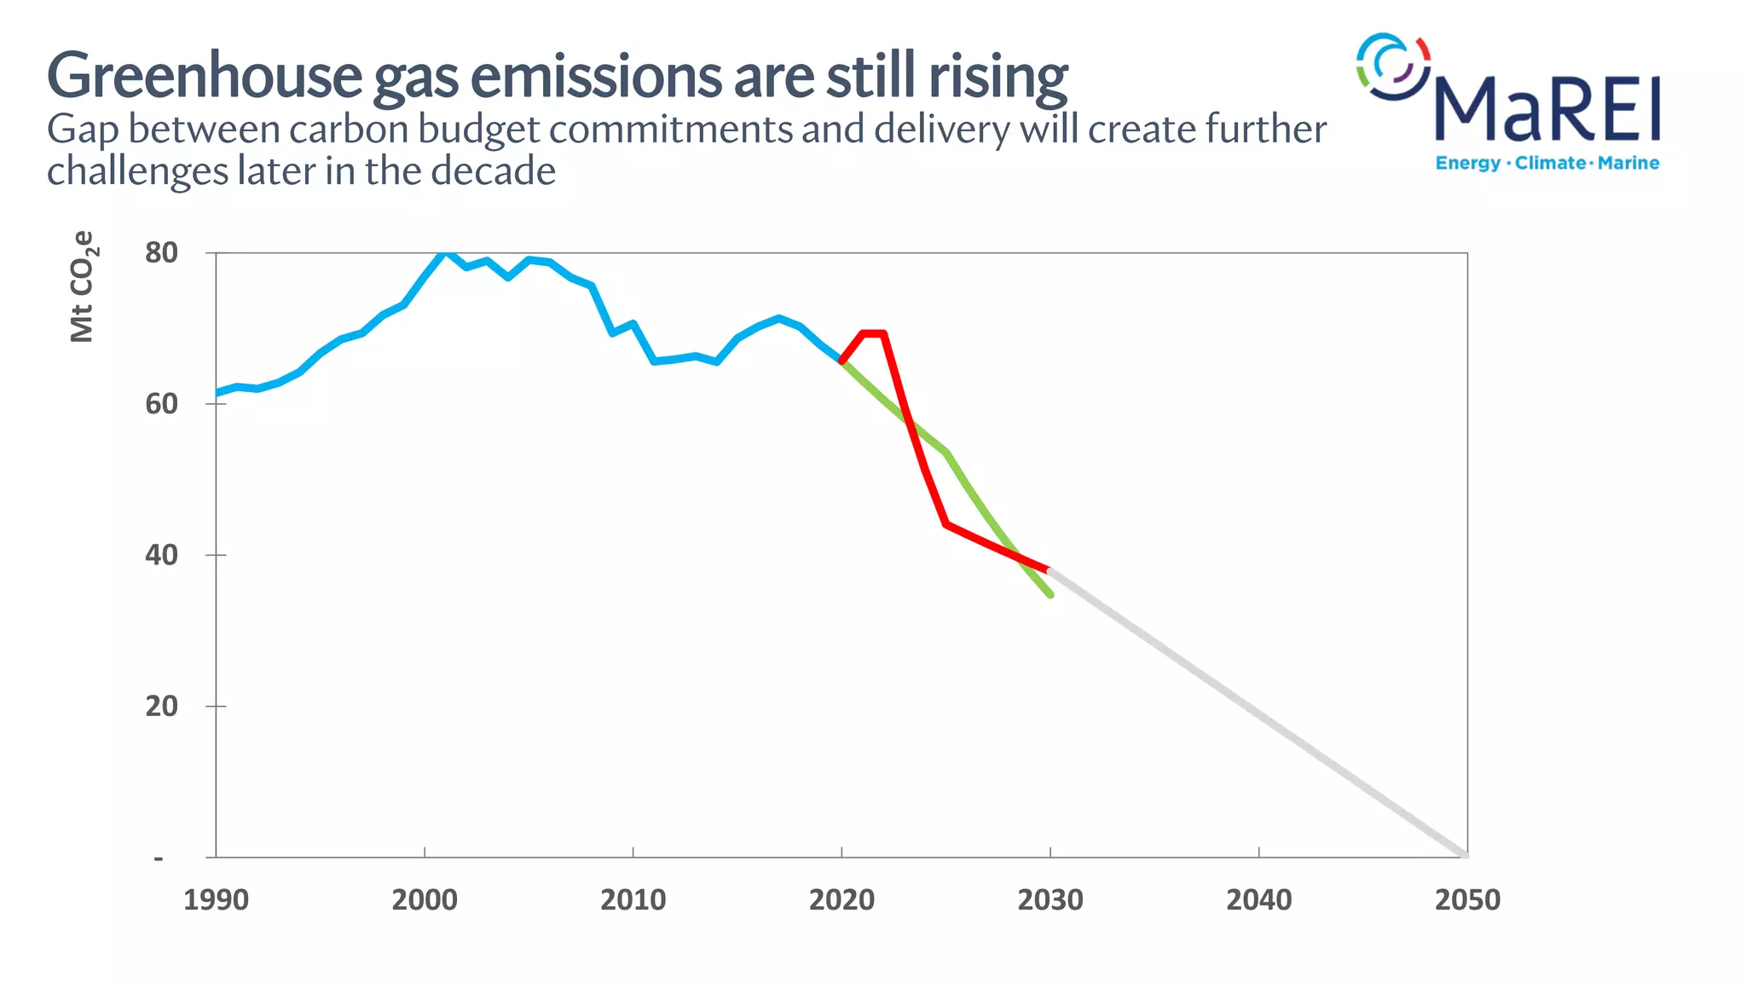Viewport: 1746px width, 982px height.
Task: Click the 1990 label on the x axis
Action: point(216,900)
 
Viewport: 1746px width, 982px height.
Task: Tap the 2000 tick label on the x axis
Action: point(425,900)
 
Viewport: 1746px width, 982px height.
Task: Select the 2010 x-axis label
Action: point(633,900)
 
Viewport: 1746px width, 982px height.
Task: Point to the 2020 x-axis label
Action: point(841,900)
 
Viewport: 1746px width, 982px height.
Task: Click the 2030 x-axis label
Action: point(1050,900)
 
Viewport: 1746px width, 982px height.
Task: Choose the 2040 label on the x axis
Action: point(1258,900)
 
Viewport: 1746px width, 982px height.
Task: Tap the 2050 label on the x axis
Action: point(1467,900)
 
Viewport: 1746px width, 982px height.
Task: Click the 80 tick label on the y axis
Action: point(161,253)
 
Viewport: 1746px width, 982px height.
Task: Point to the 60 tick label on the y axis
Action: point(161,404)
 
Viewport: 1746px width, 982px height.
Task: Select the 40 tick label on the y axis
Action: point(161,555)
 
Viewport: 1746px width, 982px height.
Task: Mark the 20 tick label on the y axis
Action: point(161,707)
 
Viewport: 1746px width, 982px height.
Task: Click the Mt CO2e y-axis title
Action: point(83,286)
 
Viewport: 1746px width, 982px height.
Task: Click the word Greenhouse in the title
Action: point(205,77)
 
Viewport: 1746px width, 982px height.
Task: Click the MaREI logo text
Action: point(1548,109)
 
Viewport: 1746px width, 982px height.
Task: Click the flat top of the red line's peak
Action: point(874,333)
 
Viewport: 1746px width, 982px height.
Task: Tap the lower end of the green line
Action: point(1050,594)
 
